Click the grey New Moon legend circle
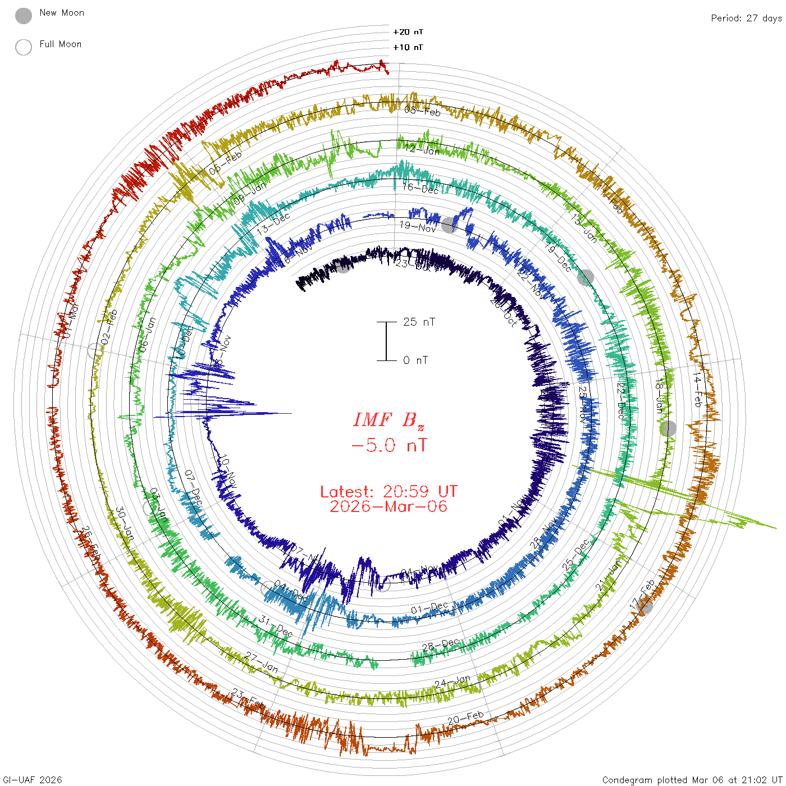(24, 16)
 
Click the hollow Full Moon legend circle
(24, 47)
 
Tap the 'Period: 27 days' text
(746, 19)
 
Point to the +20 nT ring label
(408, 32)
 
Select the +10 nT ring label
(408, 47)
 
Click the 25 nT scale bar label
(419, 322)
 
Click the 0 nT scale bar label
(415, 360)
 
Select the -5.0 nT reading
(389, 446)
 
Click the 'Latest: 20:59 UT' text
(389, 492)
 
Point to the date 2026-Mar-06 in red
(389, 506)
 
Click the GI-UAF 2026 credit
(33, 780)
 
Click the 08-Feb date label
(422, 111)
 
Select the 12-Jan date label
(422, 149)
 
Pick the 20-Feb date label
(465, 718)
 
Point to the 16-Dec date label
(421, 189)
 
